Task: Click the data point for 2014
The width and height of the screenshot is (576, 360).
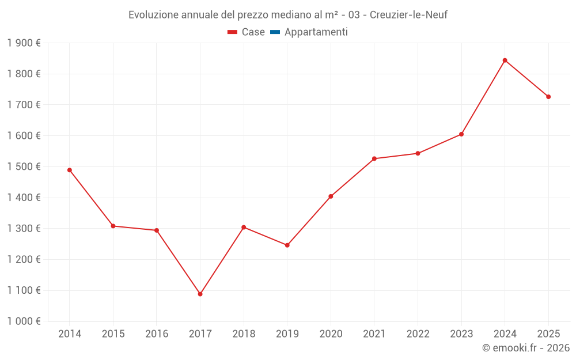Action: [x=69, y=170]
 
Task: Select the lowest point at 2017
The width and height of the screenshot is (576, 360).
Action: [x=200, y=294]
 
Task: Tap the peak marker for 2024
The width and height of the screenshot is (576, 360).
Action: [x=505, y=60]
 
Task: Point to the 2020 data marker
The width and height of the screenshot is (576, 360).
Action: [x=331, y=196]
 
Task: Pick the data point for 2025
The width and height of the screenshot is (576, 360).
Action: [x=548, y=97]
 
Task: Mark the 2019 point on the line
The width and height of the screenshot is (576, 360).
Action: [x=287, y=245]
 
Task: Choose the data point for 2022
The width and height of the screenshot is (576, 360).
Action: [x=418, y=153]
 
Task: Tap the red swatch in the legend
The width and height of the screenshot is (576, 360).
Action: [x=232, y=32]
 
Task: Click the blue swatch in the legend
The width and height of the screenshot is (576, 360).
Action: [x=275, y=32]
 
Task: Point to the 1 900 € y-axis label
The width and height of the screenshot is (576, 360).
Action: [x=24, y=43]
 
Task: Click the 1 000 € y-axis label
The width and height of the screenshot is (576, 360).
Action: [x=24, y=321]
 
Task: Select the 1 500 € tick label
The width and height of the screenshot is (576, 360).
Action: [x=24, y=166]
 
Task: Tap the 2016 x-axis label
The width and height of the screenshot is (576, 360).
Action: [x=157, y=334]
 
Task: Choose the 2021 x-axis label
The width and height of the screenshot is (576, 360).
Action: [x=374, y=334]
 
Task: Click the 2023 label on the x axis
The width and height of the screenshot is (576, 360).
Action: [x=461, y=334]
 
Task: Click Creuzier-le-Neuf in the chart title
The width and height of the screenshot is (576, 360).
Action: [x=408, y=14]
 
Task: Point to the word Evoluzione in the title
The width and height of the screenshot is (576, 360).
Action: [x=153, y=14]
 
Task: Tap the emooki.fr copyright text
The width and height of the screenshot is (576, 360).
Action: [x=526, y=348]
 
